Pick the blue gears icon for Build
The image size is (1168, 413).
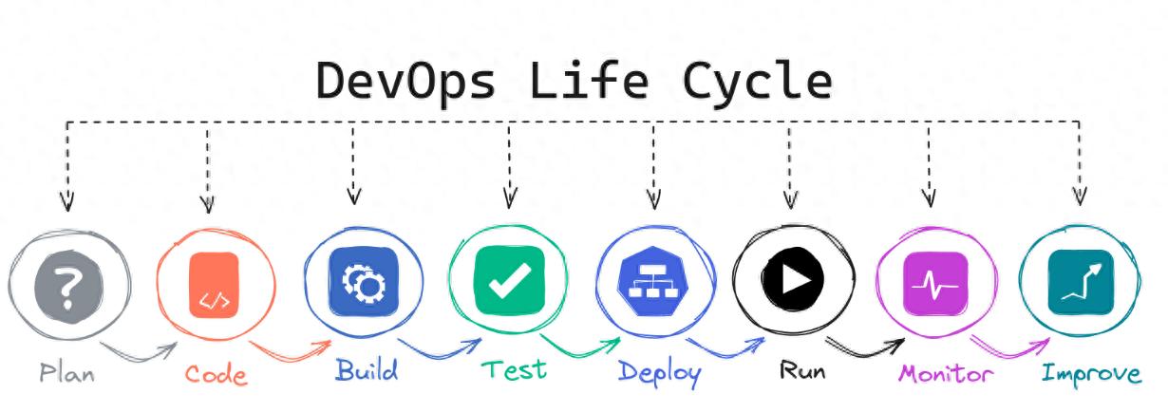pyautogui.click(x=364, y=281)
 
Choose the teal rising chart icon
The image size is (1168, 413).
pyautogui.click(x=1081, y=282)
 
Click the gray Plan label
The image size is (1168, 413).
pyautogui.click(x=66, y=371)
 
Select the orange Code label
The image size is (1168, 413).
pyautogui.click(x=216, y=373)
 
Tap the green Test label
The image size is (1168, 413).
pyautogui.click(x=514, y=368)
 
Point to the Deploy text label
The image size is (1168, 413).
pyautogui.click(x=659, y=371)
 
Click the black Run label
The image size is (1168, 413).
pyautogui.click(x=802, y=369)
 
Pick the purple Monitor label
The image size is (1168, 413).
pyautogui.click(x=946, y=372)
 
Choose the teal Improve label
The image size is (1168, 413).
pyautogui.click(x=1091, y=372)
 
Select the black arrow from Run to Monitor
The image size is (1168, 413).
pyautogui.click(x=864, y=348)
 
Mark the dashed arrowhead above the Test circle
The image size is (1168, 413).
pyautogui.click(x=510, y=199)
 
